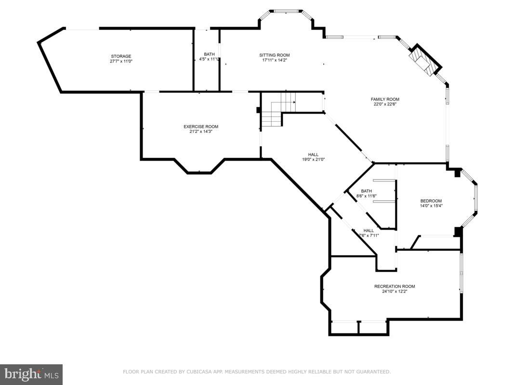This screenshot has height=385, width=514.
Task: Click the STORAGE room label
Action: (x=121, y=56)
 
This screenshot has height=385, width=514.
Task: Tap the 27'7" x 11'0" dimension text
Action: (x=121, y=62)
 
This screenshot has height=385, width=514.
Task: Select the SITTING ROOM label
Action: (x=275, y=55)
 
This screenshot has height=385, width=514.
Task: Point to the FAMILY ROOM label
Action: (x=385, y=99)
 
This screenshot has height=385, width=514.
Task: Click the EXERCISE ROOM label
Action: (x=201, y=127)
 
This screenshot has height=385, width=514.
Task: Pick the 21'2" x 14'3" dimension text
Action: (x=201, y=132)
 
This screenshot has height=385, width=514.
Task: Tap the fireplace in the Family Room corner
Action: (x=421, y=62)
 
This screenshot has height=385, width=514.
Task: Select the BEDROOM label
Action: (x=431, y=201)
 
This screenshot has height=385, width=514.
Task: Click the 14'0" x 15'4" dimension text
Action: (x=431, y=206)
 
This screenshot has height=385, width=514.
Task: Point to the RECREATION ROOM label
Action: (x=395, y=286)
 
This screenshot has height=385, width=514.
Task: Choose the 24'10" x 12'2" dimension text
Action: (x=395, y=292)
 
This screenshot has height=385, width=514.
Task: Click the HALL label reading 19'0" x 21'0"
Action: (x=313, y=154)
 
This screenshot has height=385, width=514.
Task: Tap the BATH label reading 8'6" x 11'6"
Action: (x=367, y=191)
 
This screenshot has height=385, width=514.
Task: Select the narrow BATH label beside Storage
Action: (x=209, y=54)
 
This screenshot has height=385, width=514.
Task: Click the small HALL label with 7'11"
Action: (x=369, y=230)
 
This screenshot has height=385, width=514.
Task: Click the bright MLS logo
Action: (x=31, y=374)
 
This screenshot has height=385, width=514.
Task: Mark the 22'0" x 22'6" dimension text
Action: (x=385, y=104)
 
